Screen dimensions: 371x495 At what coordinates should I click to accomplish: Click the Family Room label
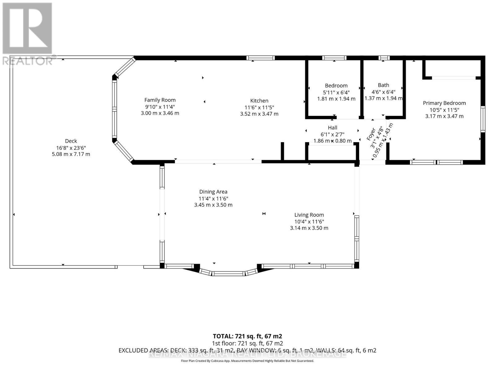tap(160, 100)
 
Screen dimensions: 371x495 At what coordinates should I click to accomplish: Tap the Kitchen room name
tap(259, 100)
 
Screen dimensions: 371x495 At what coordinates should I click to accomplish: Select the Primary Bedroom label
tap(444, 103)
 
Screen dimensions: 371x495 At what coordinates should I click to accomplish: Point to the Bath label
tap(383, 85)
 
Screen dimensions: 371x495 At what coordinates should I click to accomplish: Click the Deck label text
tap(71, 141)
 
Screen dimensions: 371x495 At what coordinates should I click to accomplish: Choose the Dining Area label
tap(213, 192)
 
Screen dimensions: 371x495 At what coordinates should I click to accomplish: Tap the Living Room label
tap(309, 215)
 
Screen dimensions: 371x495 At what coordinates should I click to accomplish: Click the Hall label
tap(333, 127)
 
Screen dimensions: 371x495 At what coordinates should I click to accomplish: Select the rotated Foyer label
tap(371, 134)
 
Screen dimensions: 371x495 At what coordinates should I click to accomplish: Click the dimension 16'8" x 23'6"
tap(71, 147)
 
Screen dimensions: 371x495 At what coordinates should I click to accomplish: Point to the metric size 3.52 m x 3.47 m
tap(259, 114)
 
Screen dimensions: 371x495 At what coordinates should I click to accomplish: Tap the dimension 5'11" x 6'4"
tap(336, 92)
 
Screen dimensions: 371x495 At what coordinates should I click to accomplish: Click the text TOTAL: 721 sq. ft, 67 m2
tap(247, 336)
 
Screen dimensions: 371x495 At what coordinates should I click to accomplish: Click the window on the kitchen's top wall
tap(260, 58)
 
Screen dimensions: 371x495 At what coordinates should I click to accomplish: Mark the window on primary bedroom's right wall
tap(483, 119)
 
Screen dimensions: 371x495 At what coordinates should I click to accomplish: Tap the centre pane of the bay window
tap(228, 273)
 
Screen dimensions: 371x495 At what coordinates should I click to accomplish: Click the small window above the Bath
tap(384, 58)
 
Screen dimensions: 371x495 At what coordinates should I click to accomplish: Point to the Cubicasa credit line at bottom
tap(247, 361)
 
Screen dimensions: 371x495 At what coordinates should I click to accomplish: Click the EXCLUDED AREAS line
tap(247, 350)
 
